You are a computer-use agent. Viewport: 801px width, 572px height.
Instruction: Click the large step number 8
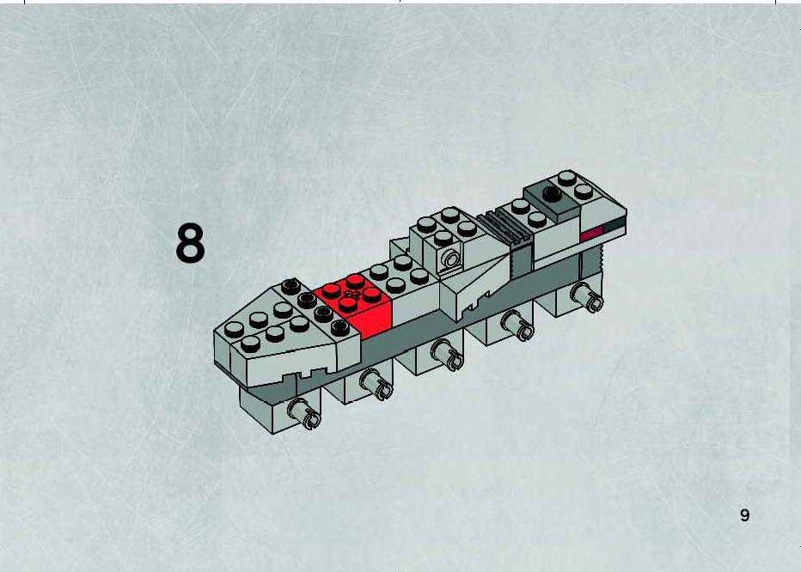[x=190, y=244]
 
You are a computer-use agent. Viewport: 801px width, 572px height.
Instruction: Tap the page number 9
[x=745, y=514]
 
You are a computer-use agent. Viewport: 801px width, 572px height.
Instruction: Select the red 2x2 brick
[x=353, y=305]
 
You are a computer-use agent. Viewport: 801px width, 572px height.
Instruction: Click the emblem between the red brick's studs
[x=351, y=295]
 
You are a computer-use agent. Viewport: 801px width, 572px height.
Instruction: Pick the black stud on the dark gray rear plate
[x=552, y=193]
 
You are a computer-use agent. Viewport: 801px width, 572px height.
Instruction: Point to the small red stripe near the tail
[x=591, y=233]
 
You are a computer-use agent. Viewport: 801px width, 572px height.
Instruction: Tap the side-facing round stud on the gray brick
[x=450, y=259]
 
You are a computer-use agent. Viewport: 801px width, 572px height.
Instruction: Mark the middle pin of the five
[x=447, y=354]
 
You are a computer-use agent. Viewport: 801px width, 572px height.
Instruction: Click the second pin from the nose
[x=376, y=384]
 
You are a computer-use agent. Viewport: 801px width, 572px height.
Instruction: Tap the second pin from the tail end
[x=517, y=325]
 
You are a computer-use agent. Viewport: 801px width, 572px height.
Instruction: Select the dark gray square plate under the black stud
[x=552, y=199]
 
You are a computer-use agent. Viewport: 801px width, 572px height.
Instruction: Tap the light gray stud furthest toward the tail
[x=566, y=179]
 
